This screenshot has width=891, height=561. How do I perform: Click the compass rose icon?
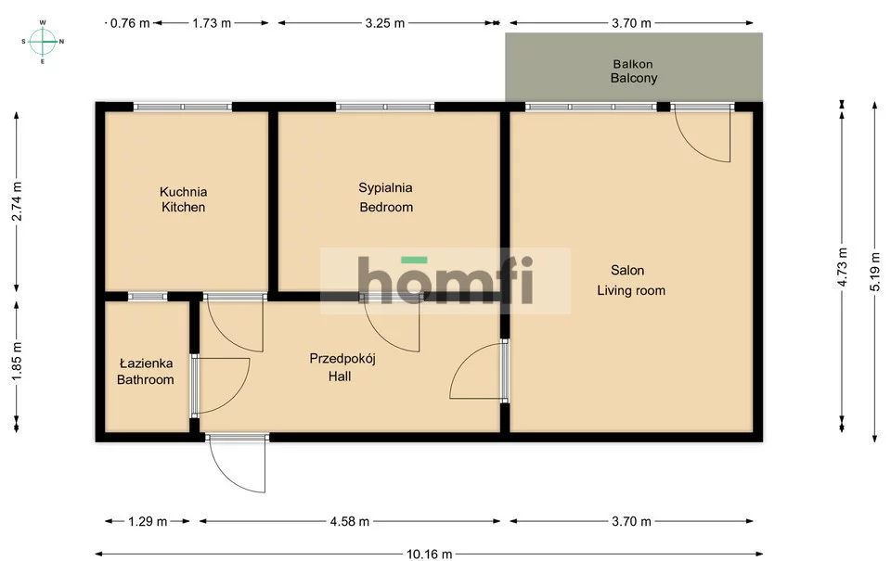point(43,42)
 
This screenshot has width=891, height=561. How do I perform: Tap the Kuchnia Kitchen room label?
point(183,199)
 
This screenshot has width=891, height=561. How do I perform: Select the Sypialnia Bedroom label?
point(386,197)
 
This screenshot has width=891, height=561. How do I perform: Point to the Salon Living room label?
point(631,280)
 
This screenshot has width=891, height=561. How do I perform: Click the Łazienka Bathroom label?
point(146,371)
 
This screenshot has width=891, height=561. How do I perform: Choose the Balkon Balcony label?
point(634,71)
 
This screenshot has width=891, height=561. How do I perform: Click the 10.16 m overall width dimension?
point(430,554)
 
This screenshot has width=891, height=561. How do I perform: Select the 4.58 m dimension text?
point(350,521)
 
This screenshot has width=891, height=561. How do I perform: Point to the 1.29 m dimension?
point(148,521)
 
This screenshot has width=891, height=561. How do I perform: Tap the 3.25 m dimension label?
point(384,23)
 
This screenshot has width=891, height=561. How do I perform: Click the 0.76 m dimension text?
point(130,23)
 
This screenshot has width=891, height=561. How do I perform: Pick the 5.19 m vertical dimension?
point(875,272)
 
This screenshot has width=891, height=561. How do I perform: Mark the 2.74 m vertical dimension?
point(17,201)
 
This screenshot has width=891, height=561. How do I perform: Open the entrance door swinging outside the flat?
point(237,464)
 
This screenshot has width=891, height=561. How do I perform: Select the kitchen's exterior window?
point(183,107)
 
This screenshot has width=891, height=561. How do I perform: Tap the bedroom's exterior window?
point(385,107)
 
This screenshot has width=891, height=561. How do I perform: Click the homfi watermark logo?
point(445,280)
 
